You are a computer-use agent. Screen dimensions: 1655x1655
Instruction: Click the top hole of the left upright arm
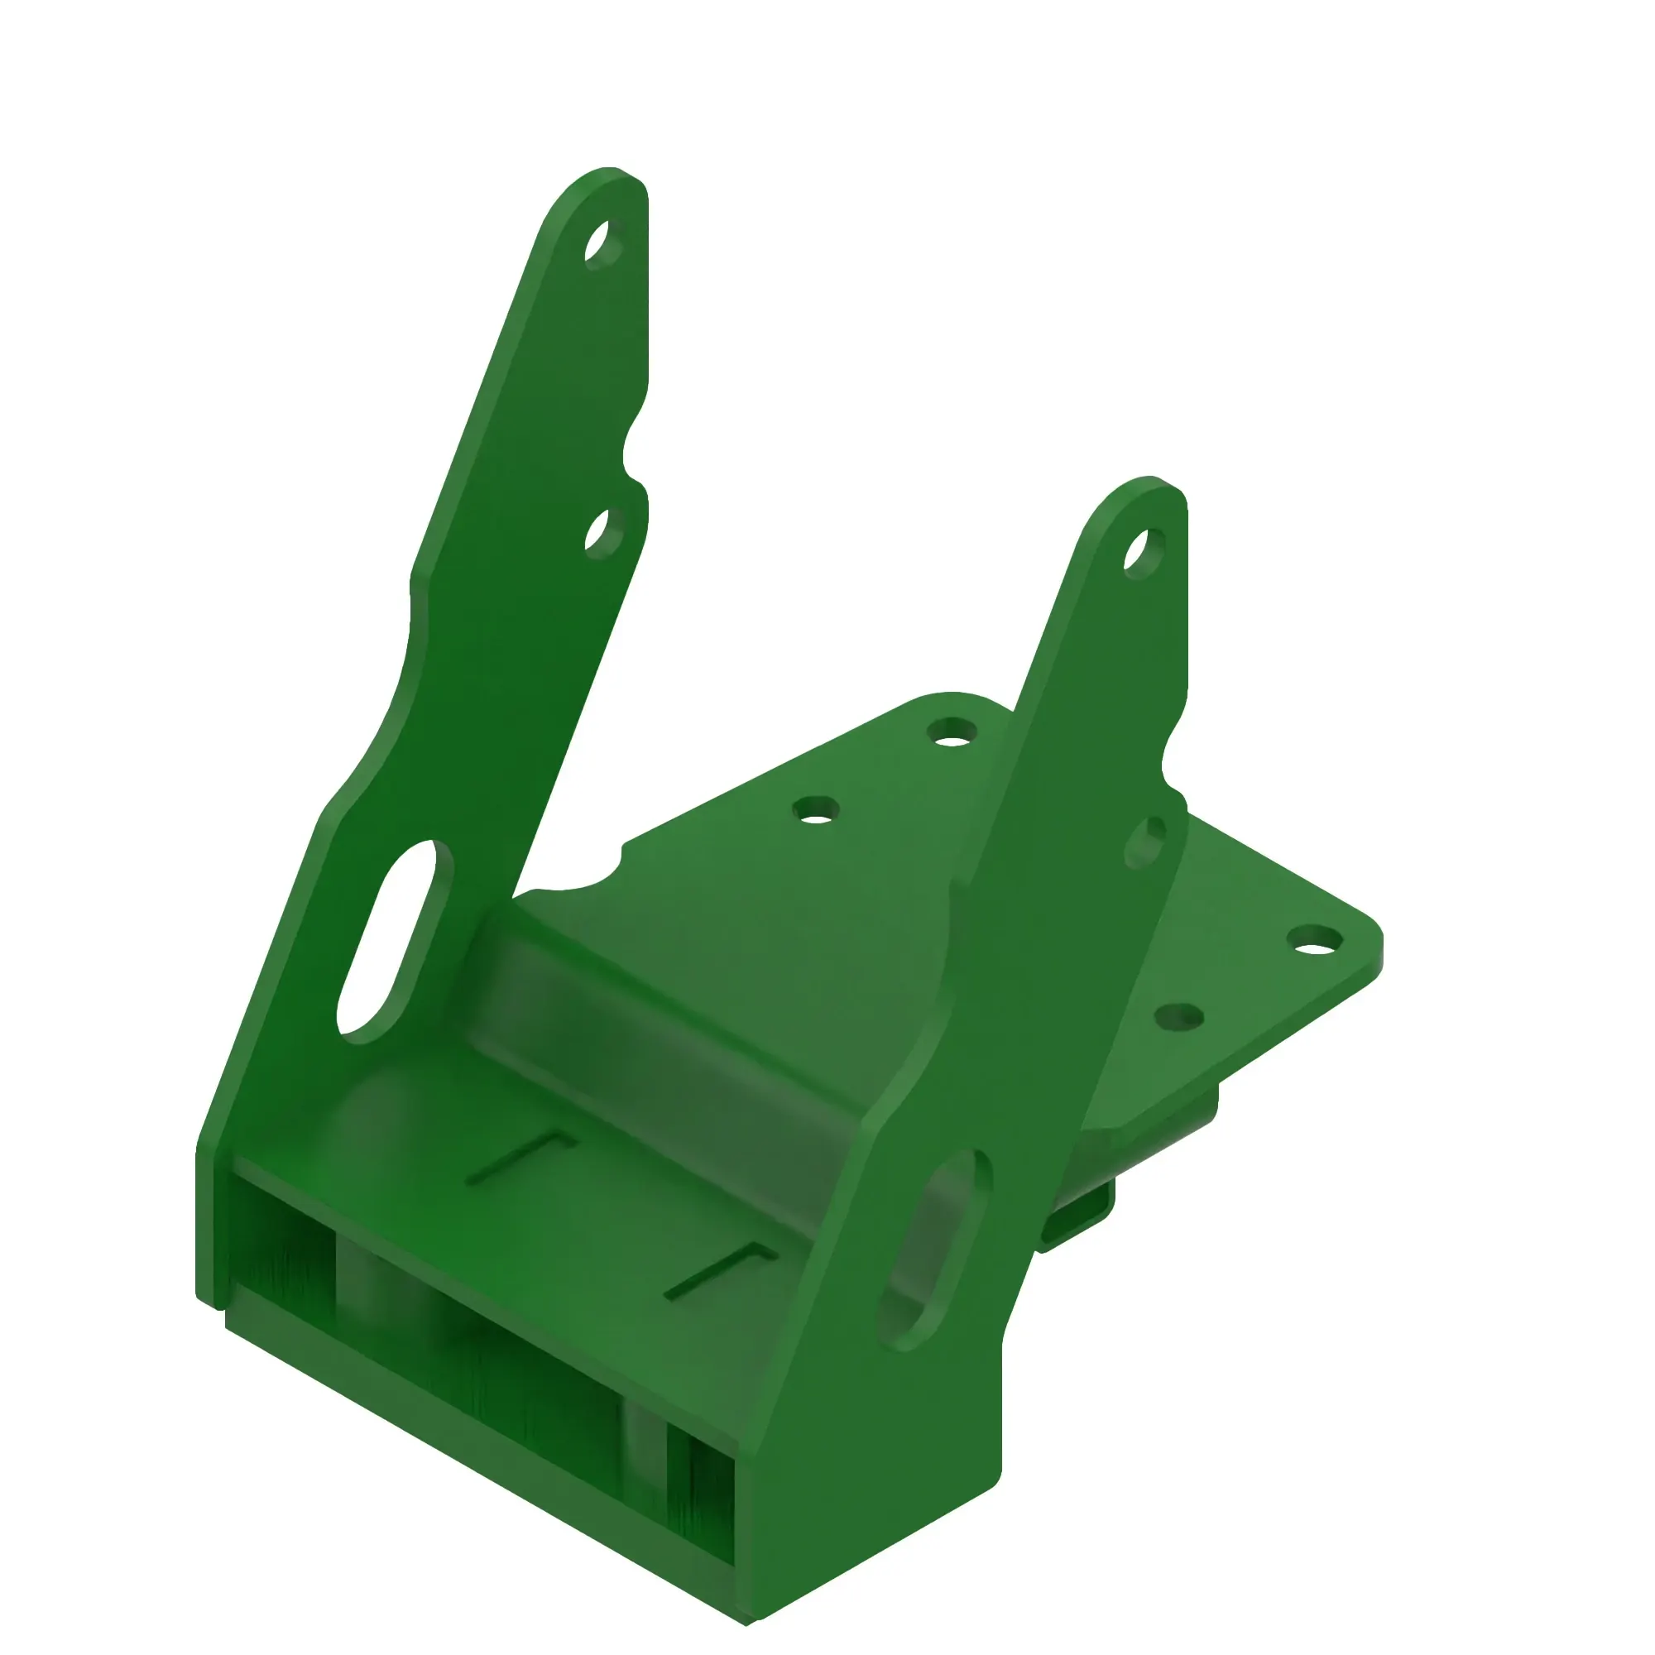pyautogui.click(x=602, y=243)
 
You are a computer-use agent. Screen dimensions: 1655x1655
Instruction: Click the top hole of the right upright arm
pyautogui.click(x=1143, y=553)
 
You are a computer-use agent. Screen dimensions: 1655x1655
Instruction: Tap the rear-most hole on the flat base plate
pyautogui.click(x=952, y=732)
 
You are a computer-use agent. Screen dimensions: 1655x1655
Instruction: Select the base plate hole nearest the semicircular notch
pyautogui.click(x=816, y=809)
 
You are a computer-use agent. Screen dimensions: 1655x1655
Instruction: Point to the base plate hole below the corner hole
pyautogui.click(x=1179, y=1018)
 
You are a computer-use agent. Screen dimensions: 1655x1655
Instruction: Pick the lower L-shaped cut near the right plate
pyautogui.click(x=722, y=1270)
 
